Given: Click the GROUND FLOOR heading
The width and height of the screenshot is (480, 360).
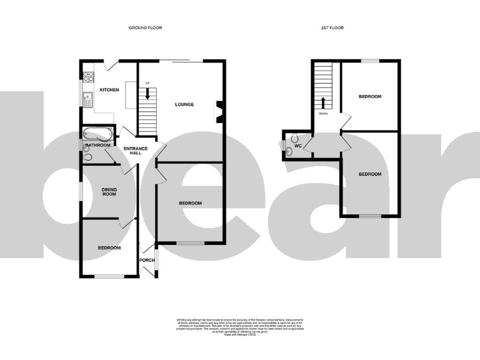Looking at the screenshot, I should point(145,27).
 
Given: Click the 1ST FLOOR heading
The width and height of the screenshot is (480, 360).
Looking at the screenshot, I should point(332,27).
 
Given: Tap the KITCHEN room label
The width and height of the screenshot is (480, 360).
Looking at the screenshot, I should point(109,90).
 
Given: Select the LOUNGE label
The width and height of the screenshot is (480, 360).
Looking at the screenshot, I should point(184,104).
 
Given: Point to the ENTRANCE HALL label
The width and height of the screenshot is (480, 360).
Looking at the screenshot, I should point(136,150).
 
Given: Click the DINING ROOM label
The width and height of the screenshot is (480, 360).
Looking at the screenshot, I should point(109,191).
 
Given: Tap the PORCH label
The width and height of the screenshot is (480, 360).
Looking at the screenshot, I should point(147,260).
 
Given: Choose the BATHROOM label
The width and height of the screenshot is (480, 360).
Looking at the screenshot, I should point(98,145).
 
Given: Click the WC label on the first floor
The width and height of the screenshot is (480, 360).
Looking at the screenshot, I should point(298,146).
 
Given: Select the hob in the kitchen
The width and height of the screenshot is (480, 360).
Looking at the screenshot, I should point(88,77).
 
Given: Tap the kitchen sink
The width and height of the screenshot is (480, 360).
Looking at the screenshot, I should point(88,99).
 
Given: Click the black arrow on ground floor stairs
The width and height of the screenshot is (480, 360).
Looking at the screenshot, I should point(147,94).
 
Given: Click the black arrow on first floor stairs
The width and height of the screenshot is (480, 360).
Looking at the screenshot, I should point(323,102).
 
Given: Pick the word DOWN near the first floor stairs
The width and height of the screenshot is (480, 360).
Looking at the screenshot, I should point(323,114).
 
